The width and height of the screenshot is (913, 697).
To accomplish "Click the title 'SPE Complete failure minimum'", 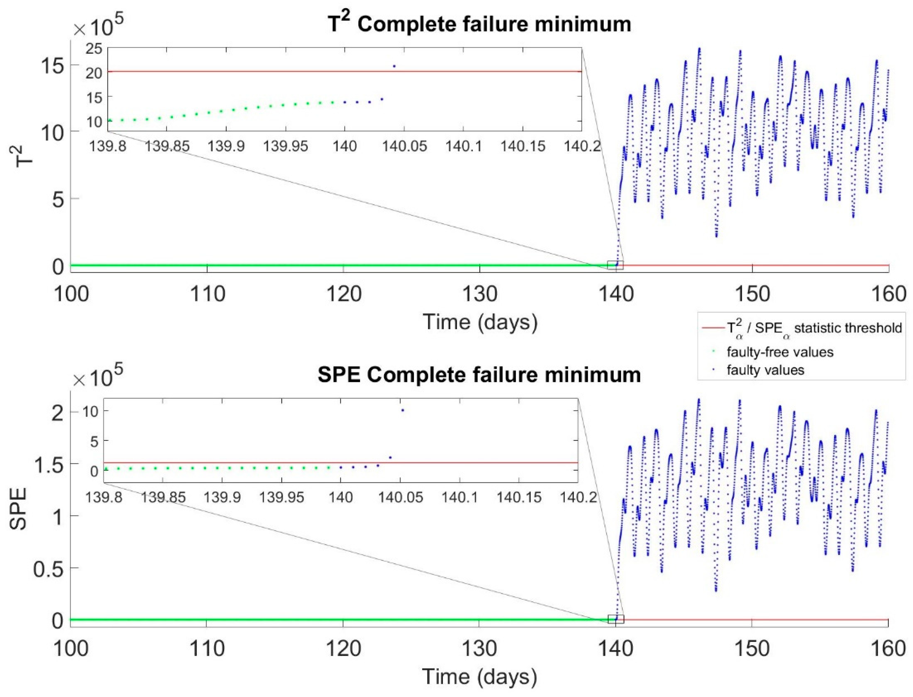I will pos(479,375).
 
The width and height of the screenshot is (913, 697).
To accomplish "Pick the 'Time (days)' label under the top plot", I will pos(480,322).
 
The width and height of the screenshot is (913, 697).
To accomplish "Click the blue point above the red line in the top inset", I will pos(394,66).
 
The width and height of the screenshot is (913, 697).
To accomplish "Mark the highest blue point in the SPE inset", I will pos(402,410).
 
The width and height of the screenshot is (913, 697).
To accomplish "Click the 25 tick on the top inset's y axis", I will pos(94,49).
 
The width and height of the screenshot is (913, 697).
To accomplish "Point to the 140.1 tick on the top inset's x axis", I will pos(463,146).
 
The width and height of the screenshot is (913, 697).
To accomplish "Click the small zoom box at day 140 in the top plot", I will pos(615,265).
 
